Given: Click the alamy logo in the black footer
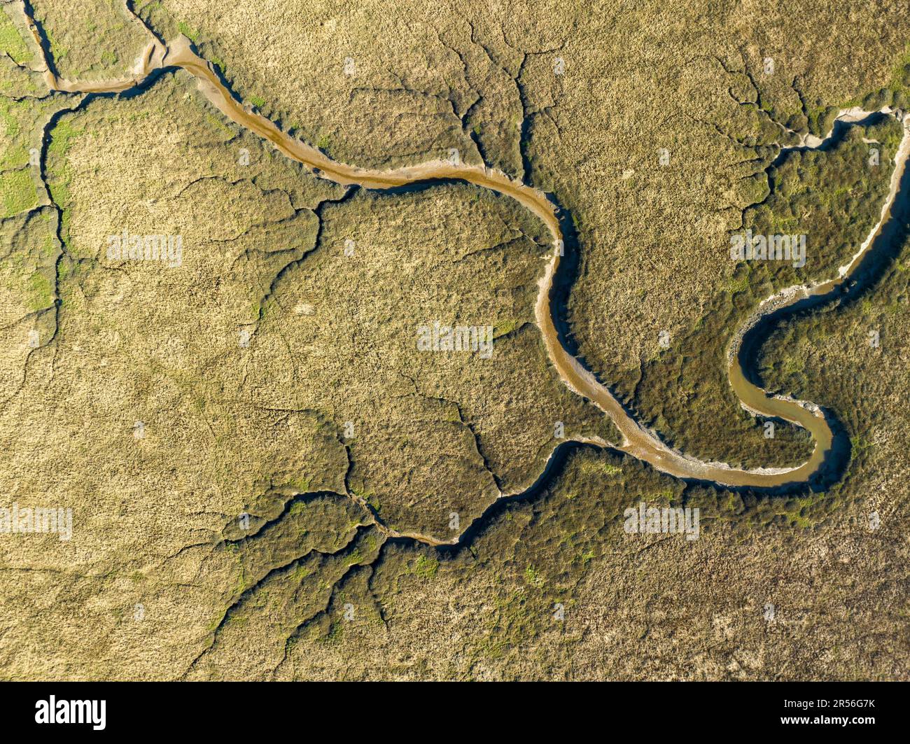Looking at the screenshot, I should click(71, 713).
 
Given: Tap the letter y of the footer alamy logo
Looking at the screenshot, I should click(99, 715).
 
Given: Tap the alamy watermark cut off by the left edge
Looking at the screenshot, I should click(35, 522).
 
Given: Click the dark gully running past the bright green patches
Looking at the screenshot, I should click(49, 182).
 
